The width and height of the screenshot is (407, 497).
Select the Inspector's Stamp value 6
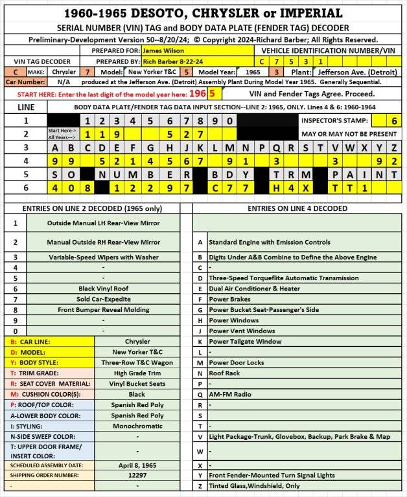pyautogui.click(x=393, y=120)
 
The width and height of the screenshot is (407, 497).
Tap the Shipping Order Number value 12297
pyautogui.click(x=137, y=474)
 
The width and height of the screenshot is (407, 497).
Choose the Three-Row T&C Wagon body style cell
pyautogui.click(x=137, y=362)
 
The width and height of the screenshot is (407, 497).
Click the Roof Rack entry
pyautogui.click(x=226, y=373)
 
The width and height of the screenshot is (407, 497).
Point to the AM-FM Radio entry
pyautogui.click(x=229, y=393)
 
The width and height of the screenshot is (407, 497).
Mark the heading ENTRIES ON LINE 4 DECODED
pyautogui.click(x=298, y=208)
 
